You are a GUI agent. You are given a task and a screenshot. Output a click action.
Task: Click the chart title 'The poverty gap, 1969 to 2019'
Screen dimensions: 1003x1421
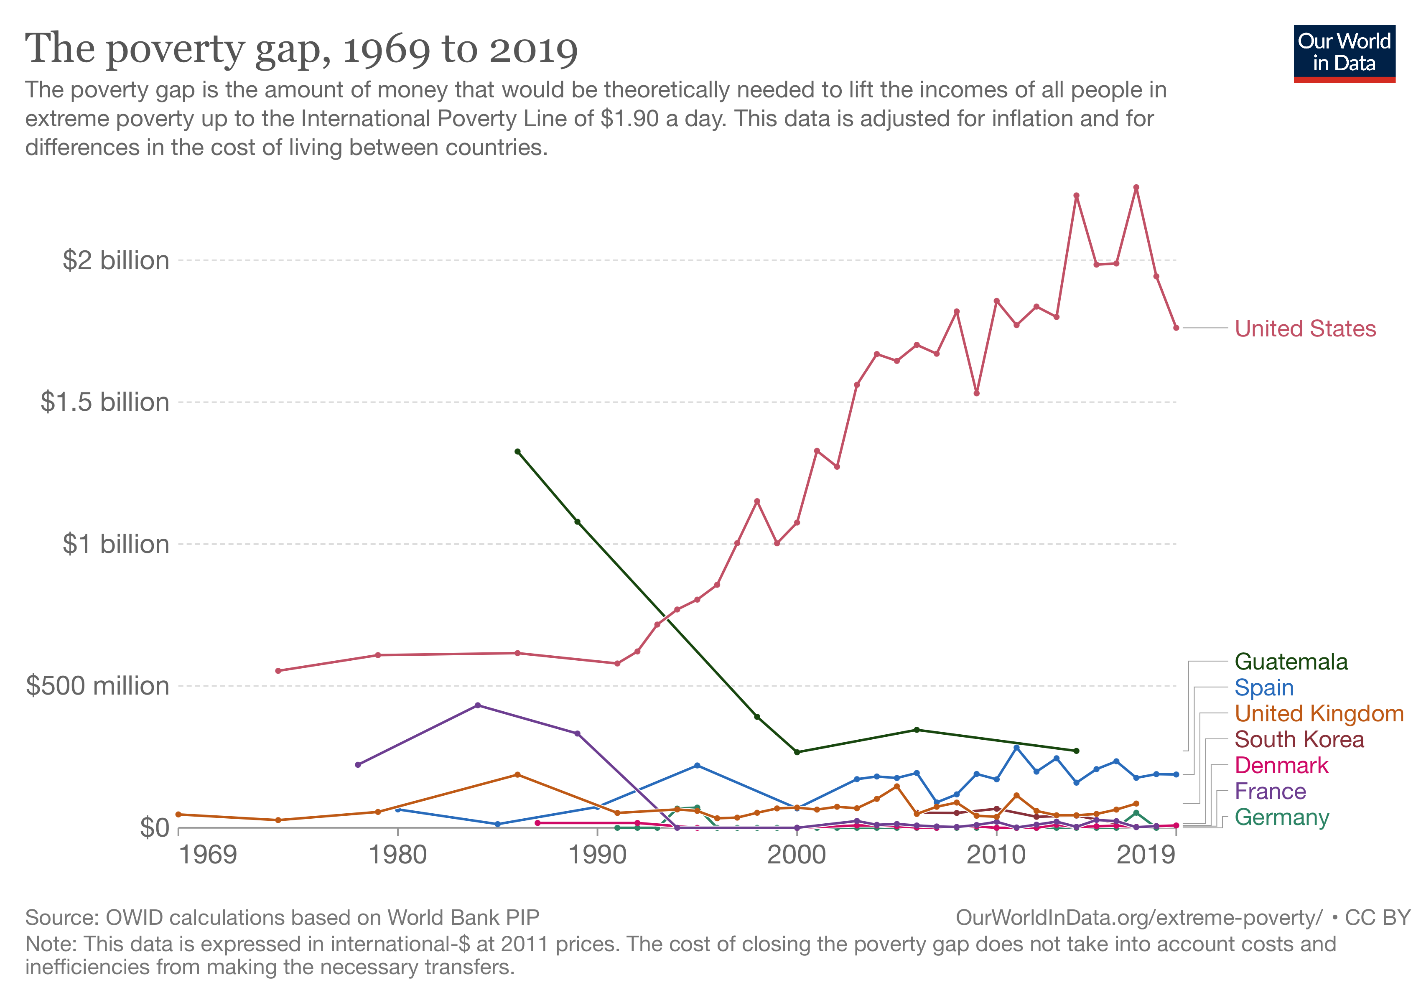pos(301,49)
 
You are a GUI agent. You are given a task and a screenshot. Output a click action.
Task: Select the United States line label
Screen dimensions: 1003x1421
pos(1305,328)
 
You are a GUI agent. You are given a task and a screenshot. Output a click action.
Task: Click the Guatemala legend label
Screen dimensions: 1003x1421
pos(1291,662)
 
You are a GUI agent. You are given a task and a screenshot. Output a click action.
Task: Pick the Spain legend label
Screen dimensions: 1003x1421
pos(1264,687)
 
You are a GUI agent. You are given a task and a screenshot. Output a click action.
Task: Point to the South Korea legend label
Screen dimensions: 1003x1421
pos(1299,739)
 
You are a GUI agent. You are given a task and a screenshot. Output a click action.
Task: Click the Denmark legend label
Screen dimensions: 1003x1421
pos(1281,765)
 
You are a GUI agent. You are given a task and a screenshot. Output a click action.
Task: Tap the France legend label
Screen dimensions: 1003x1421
pos(1270,792)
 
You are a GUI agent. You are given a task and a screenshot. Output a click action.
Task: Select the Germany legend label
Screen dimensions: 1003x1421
pos(1281,817)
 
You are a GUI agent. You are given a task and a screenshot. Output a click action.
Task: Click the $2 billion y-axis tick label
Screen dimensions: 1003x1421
pos(116,260)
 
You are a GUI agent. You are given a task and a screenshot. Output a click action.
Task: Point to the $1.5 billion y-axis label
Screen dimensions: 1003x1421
pos(104,402)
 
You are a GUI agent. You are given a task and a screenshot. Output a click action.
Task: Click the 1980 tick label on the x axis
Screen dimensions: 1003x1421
pos(397,855)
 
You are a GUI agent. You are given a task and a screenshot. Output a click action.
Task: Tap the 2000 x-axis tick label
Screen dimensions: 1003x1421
pos(797,855)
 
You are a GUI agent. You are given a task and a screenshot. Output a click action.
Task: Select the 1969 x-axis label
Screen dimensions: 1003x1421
pos(208,855)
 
